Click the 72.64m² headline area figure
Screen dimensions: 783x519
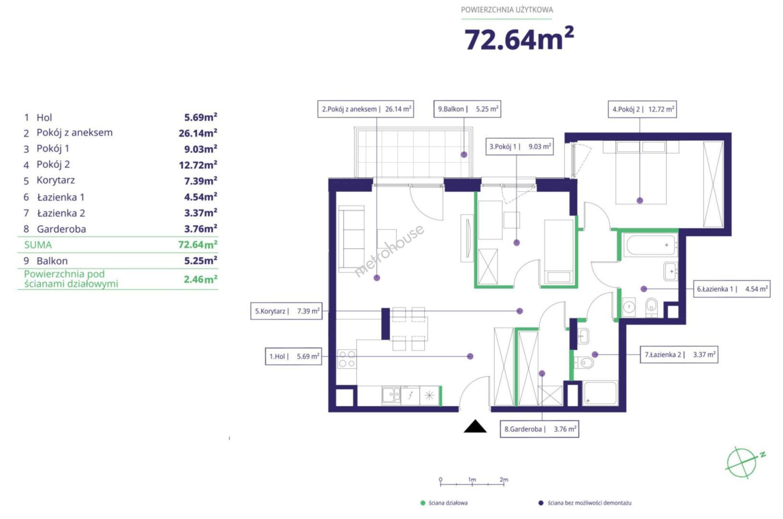click(x=519, y=39)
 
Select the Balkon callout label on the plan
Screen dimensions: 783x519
click(x=467, y=109)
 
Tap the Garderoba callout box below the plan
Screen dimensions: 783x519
click(x=539, y=429)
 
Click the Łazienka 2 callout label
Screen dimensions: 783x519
click(x=679, y=355)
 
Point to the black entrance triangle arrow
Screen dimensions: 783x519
click(x=475, y=426)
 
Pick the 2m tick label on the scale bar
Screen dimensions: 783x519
click(x=504, y=480)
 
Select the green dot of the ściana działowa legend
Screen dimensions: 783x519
click(x=422, y=503)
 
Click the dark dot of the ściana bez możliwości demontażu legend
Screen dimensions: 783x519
click(x=541, y=503)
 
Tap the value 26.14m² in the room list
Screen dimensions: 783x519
click(x=198, y=133)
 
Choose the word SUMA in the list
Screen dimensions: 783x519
click(x=38, y=245)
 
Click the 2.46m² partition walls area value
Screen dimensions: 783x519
click(x=200, y=279)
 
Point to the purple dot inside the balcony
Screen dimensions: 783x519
click(x=464, y=154)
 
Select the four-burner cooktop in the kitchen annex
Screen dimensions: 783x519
click(x=347, y=359)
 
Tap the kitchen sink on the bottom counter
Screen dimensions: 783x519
click(x=391, y=395)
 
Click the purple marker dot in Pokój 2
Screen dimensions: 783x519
click(x=639, y=200)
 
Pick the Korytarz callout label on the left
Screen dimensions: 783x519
click(x=286, y=311)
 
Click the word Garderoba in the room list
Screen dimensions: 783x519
click(x=61, y=229)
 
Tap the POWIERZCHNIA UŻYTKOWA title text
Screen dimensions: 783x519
click(x=507, y=10)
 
